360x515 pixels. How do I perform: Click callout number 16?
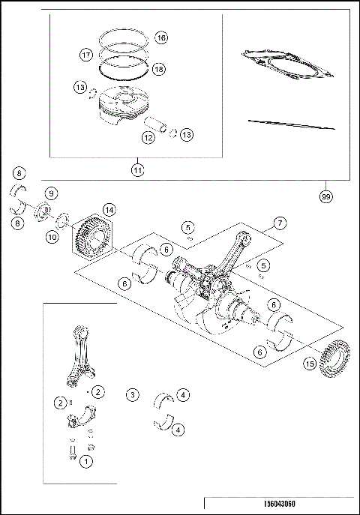160,37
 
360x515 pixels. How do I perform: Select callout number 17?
86,55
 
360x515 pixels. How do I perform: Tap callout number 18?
159,68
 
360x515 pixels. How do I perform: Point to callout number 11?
137,170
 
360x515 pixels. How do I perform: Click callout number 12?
148,138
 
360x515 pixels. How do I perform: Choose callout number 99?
325,196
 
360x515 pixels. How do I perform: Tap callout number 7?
279,223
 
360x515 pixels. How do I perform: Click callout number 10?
51,237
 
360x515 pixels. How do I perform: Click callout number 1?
87,463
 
